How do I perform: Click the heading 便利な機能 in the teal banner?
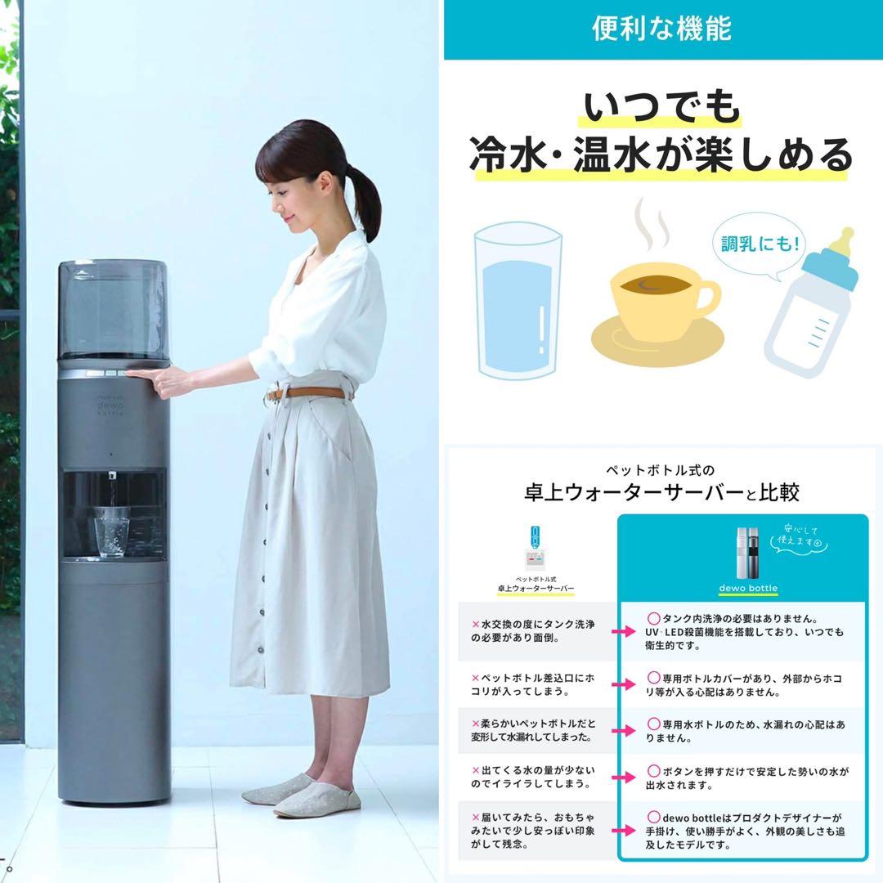pyautogui.click(x=661, y=29)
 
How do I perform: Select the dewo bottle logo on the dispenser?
pyautogui.click(x=109, y=406)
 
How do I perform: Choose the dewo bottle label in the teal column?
pyautogui.click(x=742, y=588)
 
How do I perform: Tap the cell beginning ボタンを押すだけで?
pyautogui.click(x=745, y=778)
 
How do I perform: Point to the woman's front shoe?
pyautogui.click(x=316, y=800)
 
